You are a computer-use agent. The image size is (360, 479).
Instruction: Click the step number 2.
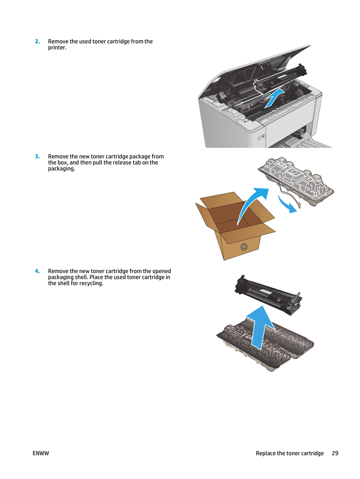point(37,41)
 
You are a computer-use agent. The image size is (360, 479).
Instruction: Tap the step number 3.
point(37,157)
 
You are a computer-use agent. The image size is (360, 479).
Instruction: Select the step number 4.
point(37,271)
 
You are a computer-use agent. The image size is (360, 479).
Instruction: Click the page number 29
point(335,453)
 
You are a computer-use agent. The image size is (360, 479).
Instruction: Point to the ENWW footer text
point(41,453)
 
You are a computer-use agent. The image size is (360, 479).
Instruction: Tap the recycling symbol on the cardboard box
point(244,247)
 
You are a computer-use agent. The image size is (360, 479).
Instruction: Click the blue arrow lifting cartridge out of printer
point(274,99)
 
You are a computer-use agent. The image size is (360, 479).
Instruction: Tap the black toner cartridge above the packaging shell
point(268,295)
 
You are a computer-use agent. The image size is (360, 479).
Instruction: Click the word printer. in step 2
point(57,48)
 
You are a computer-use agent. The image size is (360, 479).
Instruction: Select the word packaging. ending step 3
point(62,169)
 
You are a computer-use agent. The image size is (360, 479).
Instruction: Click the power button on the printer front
point(262,137)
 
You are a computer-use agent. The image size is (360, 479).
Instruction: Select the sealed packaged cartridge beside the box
point(296,181)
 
